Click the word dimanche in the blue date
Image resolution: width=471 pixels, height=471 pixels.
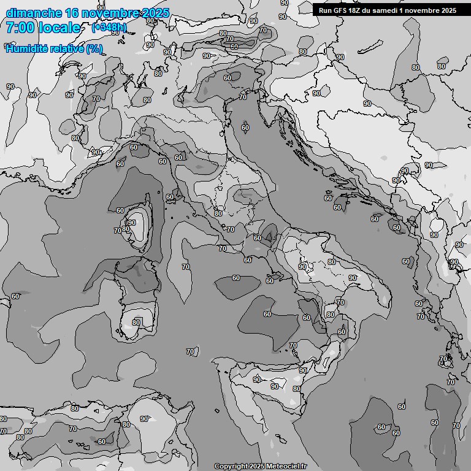pos(34,13)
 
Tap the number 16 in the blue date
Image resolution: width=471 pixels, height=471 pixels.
pos(72,13)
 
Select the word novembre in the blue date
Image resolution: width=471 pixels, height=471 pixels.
pos(109,13)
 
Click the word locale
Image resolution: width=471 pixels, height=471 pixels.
pos(59,28)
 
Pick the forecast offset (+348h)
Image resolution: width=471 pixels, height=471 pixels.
pos(109,28)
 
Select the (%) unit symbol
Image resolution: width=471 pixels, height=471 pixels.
pos(94,48)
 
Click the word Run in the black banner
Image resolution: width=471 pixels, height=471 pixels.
pos(326,10)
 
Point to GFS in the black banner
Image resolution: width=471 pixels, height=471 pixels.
pos(341,10)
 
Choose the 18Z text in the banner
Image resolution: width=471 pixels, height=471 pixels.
pos(357,10)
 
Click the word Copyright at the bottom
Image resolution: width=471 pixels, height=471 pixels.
pos(231,467)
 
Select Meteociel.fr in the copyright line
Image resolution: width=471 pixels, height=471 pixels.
pos(285,467)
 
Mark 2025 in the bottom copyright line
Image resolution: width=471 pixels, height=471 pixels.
pos(258,467)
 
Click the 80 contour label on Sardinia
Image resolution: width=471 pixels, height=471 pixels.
pos(136,322)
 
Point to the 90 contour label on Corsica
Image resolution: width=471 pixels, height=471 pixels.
pos(132,223)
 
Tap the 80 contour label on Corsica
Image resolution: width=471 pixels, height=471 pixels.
pos(126,229)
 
